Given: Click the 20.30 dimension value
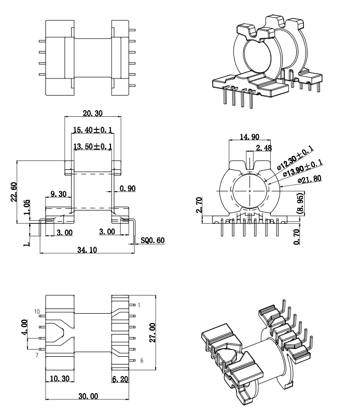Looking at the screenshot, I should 92,113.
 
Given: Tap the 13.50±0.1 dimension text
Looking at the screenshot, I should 93,147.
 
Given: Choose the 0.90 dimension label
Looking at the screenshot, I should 128,189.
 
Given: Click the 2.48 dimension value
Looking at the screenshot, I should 264,149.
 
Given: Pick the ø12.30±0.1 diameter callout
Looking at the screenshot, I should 294,158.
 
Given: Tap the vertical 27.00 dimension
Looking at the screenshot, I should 153,332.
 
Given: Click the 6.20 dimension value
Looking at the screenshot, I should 120,380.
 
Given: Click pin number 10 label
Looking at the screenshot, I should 37,311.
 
